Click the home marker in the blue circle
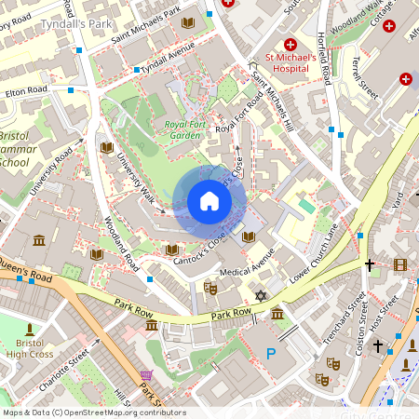(209, 201)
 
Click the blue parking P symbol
(272, 353)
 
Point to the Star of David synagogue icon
(260, 296)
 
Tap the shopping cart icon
(145, 376)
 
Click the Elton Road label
(25, 91)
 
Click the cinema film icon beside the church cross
(400, 265)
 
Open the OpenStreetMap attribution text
(93, 412)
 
